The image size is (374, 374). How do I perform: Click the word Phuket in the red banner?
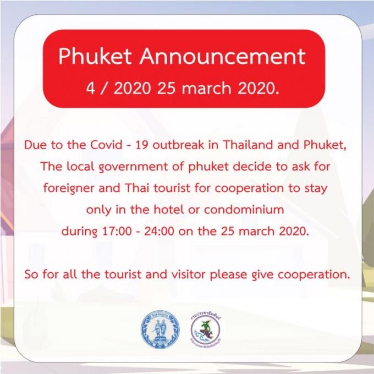95,57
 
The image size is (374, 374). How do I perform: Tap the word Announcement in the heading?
223,57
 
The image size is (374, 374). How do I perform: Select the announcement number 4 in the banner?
90,89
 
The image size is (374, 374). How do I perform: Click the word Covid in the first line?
106,145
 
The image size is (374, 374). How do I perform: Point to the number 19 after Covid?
142,145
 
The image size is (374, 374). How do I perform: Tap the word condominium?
244,210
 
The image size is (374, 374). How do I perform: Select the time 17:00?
117,231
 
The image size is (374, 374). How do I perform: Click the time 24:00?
159,231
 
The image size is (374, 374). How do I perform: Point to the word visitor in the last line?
188,274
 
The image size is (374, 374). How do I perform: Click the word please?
228,275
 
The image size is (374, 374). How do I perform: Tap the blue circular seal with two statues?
160,329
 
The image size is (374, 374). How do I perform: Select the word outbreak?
178,145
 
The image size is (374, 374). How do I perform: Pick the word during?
79,232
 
